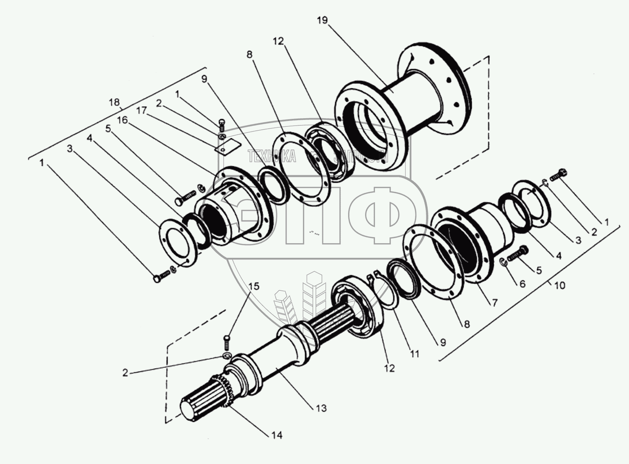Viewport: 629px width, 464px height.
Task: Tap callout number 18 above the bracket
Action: tap(114, 102)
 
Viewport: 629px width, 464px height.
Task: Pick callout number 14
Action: tap(277, 435)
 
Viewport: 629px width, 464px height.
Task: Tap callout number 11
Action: tap(414, 354)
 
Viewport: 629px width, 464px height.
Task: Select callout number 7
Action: tap(495, 302)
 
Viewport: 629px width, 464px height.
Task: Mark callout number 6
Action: tap(522, 283)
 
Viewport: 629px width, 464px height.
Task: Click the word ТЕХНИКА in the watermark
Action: tap(272, 157)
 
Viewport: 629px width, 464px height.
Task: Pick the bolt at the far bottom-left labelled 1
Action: tap(160, 277)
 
